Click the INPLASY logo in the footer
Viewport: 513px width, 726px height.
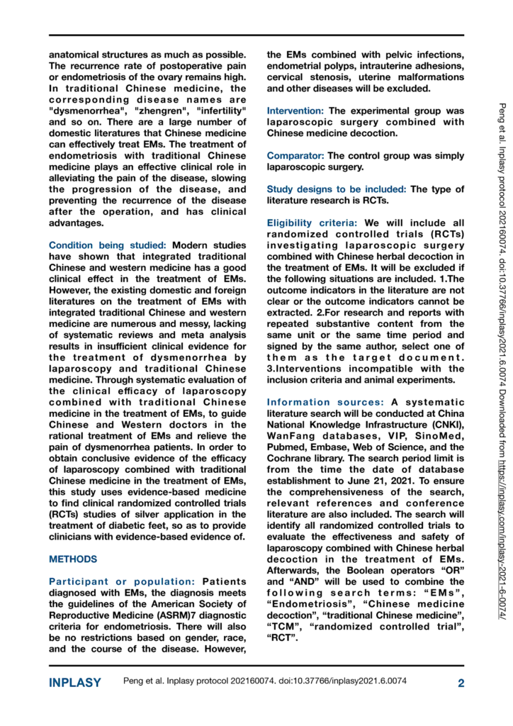point(74,683)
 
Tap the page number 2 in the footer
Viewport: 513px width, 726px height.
point(461,683)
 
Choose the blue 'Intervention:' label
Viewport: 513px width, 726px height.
point(295,111)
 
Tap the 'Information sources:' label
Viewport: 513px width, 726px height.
point(320,403)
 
